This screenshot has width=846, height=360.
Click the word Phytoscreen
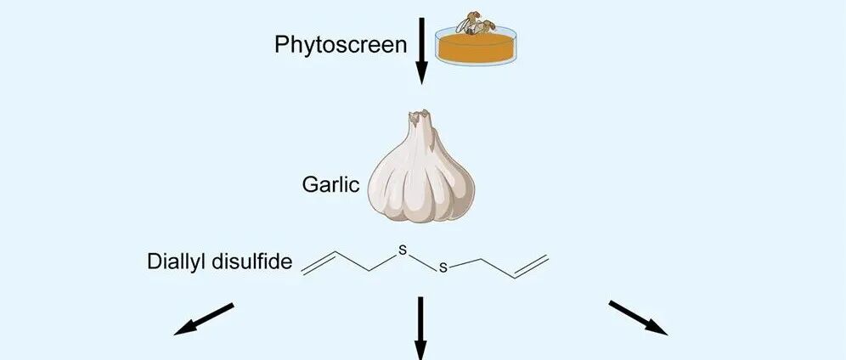(x=340, y=44)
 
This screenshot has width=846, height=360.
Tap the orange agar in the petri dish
(x=476, y=48)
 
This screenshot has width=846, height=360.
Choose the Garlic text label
(x=330, y=183)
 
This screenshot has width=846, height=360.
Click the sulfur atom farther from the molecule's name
(x=442, y=269)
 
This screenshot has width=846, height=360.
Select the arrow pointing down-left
(x=204, y=318)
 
